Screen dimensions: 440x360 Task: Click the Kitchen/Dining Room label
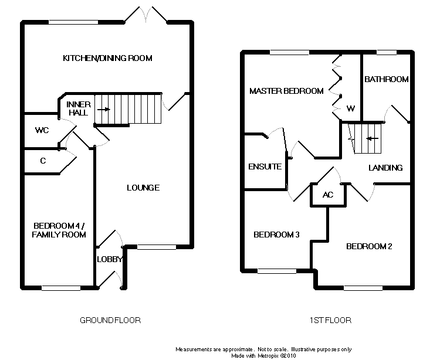[x=107, y=58]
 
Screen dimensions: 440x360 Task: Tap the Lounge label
[x=143, y=188]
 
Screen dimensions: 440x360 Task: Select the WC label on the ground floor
[x=41, y=130]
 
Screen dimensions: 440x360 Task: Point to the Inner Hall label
[x=77, y=108]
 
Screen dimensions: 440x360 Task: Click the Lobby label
[x=109, y=259]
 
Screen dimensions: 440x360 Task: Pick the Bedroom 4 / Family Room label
[x=59, y=230]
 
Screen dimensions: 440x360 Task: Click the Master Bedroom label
[x=286, y=91]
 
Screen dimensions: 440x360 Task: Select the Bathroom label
[x=386, y=79]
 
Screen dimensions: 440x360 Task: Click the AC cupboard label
[x=328, y=195]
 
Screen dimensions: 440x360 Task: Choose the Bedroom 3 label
[x=276, y=235]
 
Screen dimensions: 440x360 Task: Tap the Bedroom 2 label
[x=369, y=246]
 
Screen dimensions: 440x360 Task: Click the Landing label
[x=385, y=168]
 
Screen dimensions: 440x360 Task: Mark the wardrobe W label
[x=351, y=108]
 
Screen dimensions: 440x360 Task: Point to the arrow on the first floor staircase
[x=371, y=139]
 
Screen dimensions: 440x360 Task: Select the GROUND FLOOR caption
[x=110, y=320]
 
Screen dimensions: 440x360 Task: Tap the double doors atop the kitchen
[x=145, y=15]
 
